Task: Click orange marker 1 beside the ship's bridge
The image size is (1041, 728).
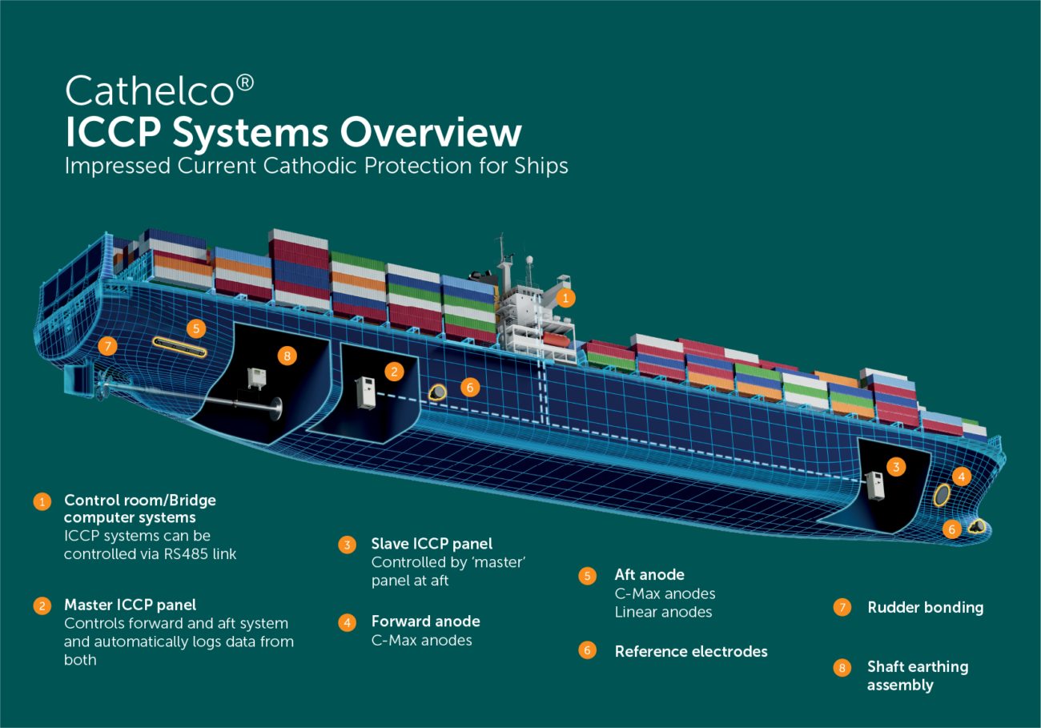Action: [565, 298]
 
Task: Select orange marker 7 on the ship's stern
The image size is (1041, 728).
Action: [107, 346]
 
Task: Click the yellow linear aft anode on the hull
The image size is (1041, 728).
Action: [180, 347]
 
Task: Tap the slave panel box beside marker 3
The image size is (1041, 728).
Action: [874, 485]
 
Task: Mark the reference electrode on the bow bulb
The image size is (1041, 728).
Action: [977, 526]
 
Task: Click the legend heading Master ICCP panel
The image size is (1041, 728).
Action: [130, 605]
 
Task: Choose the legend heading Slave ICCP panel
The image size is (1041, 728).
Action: [432, 544]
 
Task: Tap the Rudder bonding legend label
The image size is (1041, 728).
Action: [925, 607]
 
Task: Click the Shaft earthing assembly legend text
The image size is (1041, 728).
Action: [917, 675]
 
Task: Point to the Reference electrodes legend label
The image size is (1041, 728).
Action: [690, 651]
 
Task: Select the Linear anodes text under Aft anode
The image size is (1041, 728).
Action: [663, 612]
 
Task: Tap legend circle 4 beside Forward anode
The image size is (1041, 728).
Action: [347, 622]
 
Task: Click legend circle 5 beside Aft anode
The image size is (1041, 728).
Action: [588, 576]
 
